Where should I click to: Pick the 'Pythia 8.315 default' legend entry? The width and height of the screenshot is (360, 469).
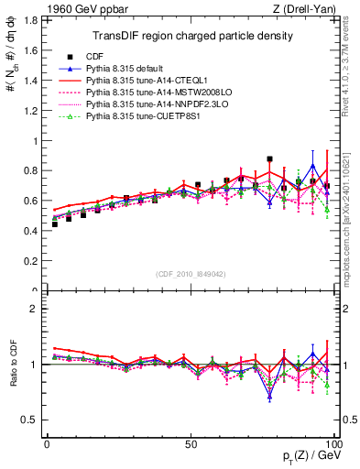tap(127, 69)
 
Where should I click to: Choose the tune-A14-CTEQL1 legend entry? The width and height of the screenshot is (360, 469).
tap(142, 81)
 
